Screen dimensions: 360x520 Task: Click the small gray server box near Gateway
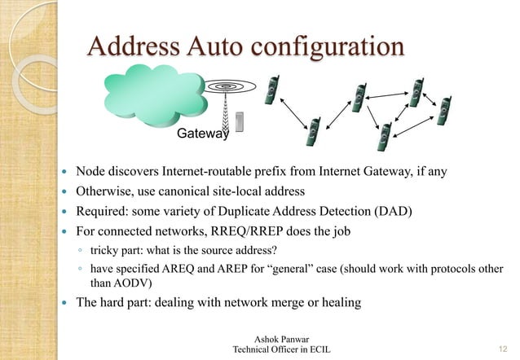[240, 121]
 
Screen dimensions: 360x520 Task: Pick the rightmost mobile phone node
[443, 112]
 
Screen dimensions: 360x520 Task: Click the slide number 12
[503, 349]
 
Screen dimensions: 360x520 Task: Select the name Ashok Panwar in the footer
[281, 338]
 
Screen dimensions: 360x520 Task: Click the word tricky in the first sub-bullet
[103, 250]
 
